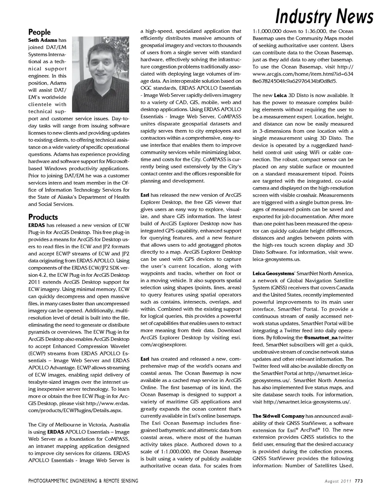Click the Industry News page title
324,17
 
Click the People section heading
39,32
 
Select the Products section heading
43,217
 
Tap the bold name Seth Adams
43,40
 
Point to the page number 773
359,481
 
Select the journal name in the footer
83,481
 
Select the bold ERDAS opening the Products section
37,225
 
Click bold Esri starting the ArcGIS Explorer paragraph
145,195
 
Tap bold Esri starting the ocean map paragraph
145,359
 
